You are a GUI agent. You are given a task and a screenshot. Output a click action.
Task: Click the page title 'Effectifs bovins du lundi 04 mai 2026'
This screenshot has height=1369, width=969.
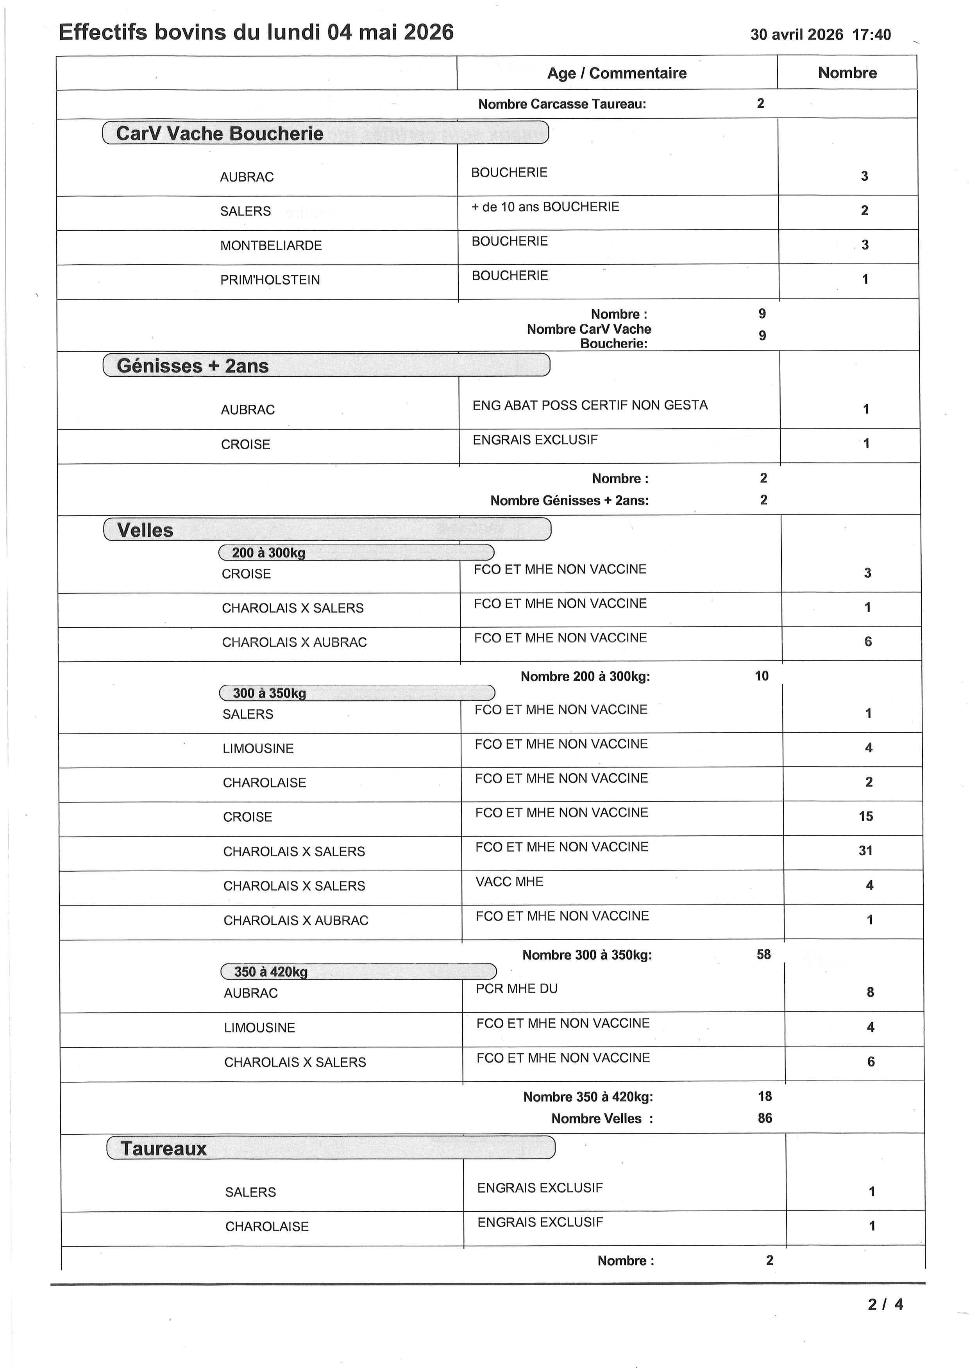coord(256,32)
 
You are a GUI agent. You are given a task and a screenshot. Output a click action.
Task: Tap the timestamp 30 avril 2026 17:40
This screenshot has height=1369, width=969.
coord(821,35)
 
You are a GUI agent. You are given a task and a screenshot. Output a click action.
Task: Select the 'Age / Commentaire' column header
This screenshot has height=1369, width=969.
coord(617,73)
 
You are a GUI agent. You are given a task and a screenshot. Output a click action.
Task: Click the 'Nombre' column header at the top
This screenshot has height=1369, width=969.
coord(847,73)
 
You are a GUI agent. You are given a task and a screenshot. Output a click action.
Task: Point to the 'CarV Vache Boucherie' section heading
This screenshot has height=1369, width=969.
coord(220,134)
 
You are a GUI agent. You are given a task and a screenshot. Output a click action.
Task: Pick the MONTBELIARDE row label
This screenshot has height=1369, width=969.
coord(271,246)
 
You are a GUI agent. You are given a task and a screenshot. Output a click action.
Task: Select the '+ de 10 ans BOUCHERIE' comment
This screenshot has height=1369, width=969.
coord(545,207)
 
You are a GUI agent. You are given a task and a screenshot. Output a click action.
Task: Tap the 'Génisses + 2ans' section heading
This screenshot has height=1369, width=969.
coord(193,366)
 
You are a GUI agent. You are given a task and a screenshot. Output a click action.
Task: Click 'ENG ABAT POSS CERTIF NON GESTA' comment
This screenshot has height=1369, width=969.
coord(590,406)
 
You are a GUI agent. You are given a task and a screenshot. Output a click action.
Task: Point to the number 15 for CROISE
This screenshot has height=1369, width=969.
coord(866,816)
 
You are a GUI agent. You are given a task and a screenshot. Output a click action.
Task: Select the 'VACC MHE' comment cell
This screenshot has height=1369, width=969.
coord(510,882)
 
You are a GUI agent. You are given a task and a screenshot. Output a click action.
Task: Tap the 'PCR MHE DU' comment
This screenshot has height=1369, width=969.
coord(517,988)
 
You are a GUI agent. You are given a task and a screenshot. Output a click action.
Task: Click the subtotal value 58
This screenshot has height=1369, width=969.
coord(764,954)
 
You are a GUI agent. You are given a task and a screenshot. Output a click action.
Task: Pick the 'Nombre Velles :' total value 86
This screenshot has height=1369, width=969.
coord(765,1118)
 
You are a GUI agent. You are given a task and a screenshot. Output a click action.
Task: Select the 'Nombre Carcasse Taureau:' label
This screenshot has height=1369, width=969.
coord(562,104)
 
